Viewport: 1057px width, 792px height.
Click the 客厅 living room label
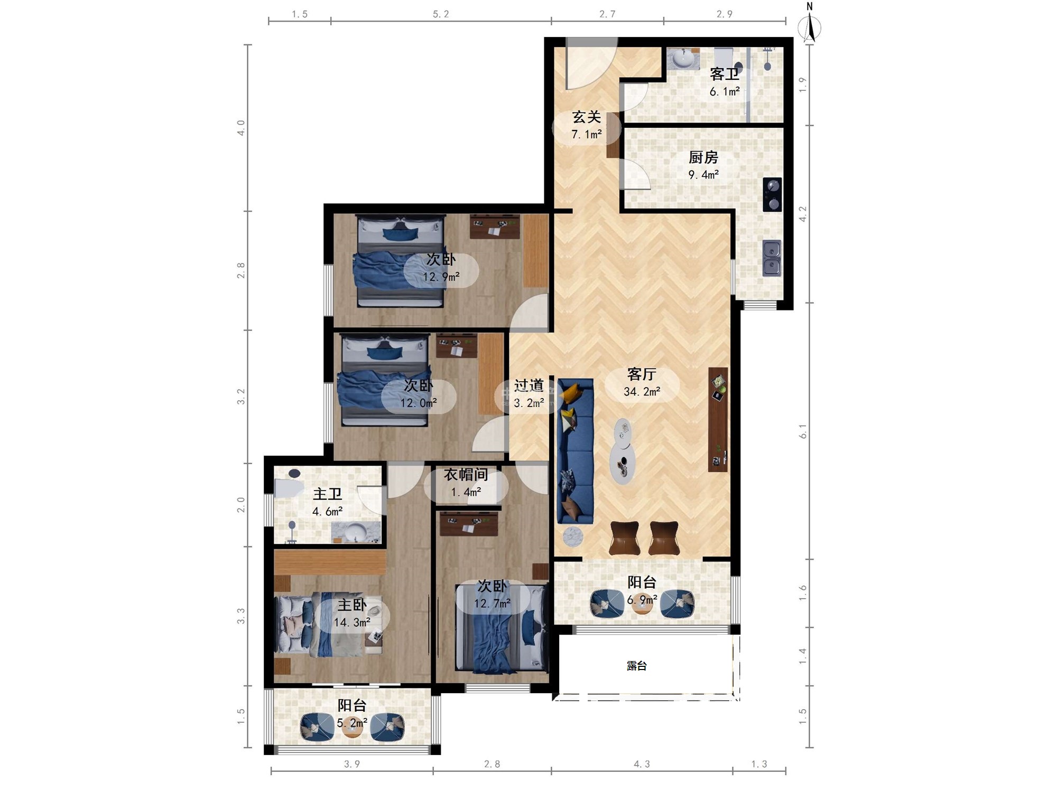(642, 374)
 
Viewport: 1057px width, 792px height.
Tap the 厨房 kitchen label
(703, 157)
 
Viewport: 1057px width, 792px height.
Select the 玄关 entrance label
(586, 117)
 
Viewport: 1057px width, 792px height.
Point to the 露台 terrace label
(637, 666)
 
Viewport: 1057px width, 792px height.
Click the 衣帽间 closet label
(466, 475)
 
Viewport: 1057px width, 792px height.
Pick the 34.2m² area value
(642, 392)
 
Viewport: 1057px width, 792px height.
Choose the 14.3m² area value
(352, 623)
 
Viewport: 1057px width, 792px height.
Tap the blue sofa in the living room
(576, 451)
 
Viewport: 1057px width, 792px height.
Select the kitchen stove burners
(772, 194)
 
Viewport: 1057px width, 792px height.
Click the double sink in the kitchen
(772, 258)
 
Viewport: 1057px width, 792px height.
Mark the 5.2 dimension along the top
(441, 14)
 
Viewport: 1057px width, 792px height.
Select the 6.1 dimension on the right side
(803, 431)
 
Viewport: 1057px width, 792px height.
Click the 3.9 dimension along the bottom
(352, 764)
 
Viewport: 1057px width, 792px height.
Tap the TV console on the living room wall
(718, 420)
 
